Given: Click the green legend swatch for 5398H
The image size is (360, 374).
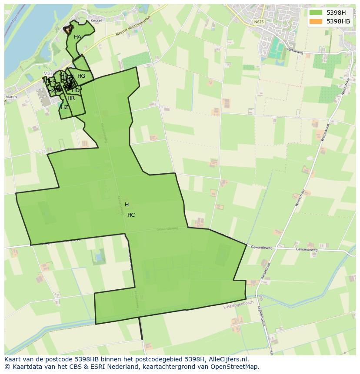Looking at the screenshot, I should pyautogui.click(x=316, y=13).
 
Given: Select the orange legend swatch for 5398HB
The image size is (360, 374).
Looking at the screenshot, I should pyautogui.click(x=316, y=21).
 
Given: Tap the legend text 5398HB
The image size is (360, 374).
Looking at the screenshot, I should pyautogui.click(x=338, y=21).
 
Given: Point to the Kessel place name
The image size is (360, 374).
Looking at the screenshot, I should pyautogui.click(x=96, y=21).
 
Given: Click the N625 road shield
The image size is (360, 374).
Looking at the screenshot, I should pyautogui.click(x=259, y=22).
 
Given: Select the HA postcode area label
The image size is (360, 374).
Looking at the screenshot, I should pyautogui.click(x=77, y=37).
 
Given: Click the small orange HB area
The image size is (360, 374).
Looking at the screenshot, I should pyautogui.click(x=68, y=30).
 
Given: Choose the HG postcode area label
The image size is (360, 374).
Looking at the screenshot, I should pyautogui.click(x=81, y=76).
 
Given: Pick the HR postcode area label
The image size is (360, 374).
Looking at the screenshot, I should pyautogui.click(x=71, y=98).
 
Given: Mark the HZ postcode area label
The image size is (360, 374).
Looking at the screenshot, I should pyautogui.click(x=64, y=107).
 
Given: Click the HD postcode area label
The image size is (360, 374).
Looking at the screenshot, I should pyautogui.click(x=76, y=90).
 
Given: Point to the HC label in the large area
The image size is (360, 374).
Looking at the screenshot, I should pyautogui.click(x=131, y=215).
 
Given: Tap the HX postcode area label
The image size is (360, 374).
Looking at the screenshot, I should pyautogui.click(x=51, y=91).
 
